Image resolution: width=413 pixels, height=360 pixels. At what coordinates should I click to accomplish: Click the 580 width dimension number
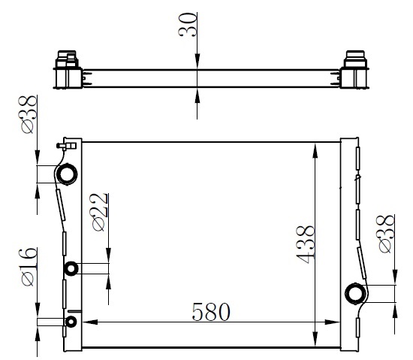[x=211, y=312]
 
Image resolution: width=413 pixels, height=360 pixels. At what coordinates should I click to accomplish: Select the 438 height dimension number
[x=306, y=245]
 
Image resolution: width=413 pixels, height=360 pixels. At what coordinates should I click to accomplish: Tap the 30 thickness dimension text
[x=188, y=25]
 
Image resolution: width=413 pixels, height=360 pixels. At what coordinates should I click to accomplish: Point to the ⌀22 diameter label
[x=101, y=213]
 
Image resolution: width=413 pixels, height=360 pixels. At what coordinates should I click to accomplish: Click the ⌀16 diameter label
[x=28, y=267]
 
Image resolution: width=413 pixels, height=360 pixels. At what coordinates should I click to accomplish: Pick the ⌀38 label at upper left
[x=28, y=114]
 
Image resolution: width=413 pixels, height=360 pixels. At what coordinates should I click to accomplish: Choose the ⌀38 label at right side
[x=387, y=234]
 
